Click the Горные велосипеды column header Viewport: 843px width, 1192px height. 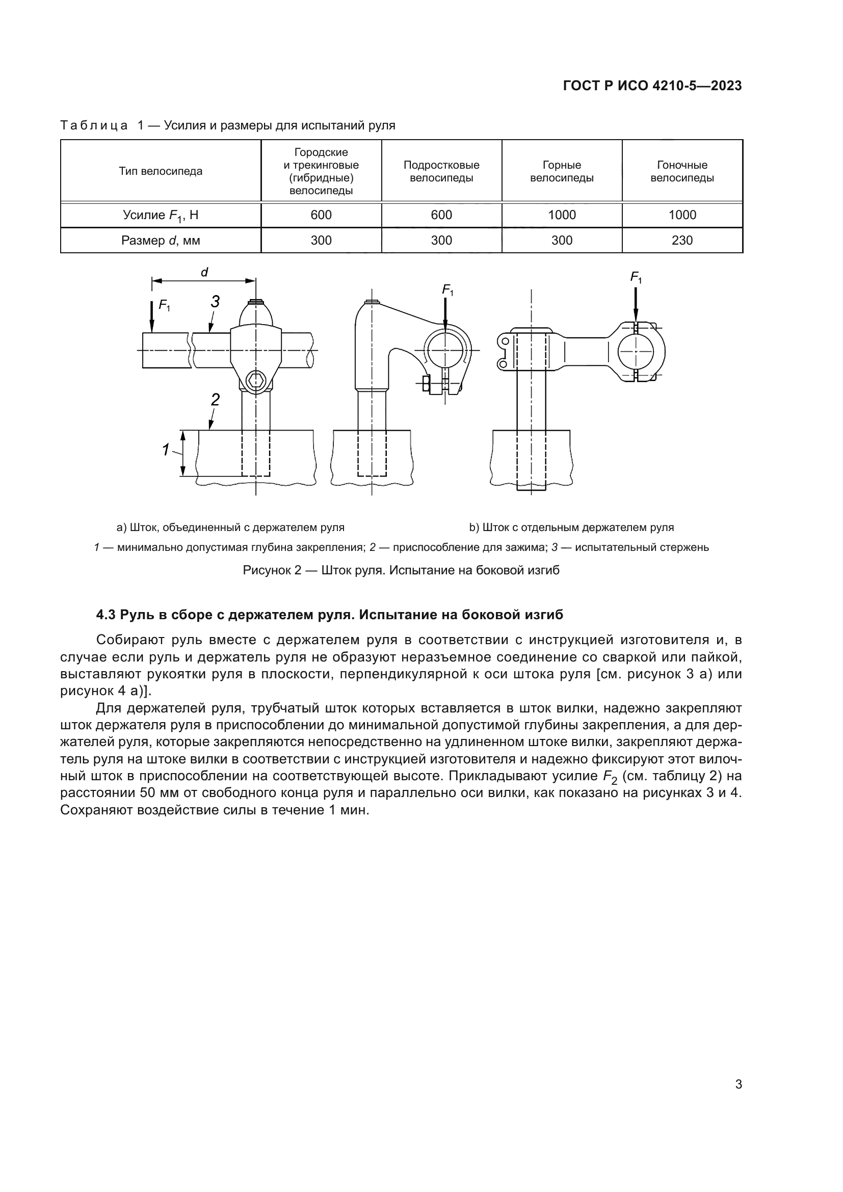click(x=562, y=171)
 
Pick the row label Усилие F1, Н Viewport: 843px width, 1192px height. click(x=161, y=215)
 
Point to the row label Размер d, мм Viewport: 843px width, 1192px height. click(x=161, y=241)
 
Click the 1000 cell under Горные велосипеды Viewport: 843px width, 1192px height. click(x=562, y=215)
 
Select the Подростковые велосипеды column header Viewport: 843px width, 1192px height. click(x=441, y=171)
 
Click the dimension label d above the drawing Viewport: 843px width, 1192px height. click(x=204, y=272)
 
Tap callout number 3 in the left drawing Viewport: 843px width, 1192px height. click(x=215, y=302)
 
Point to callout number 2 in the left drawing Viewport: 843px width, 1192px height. click(x=215, y=399)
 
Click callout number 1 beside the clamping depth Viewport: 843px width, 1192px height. click(x=166, y=449)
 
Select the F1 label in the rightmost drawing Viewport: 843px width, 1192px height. click(x=636, y=278)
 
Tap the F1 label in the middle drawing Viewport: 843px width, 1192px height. click(x=447, y=289)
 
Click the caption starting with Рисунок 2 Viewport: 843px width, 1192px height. click(x=401, y=570)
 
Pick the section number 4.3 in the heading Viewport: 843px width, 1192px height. click(x=106, y=615)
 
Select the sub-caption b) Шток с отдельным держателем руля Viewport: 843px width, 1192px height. click(x=571, y=527)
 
